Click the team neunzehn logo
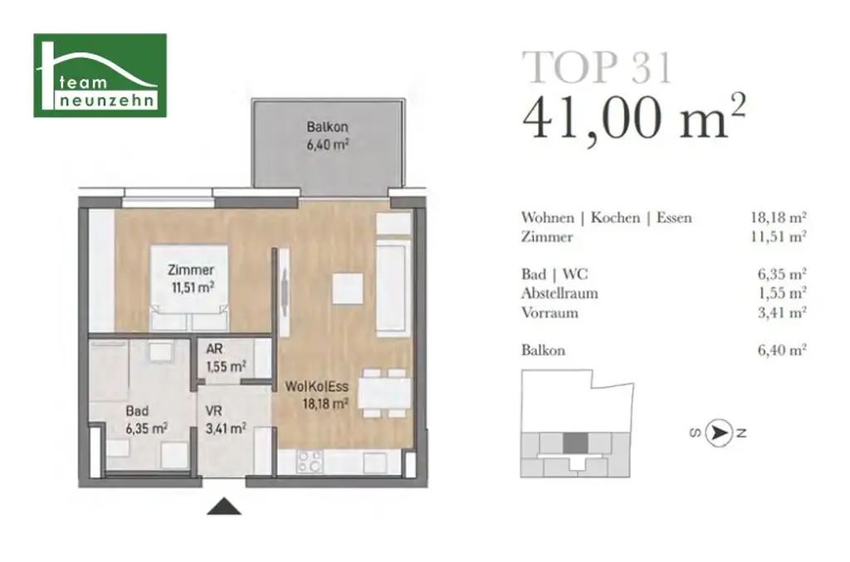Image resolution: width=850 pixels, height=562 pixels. click(x=100, y=76)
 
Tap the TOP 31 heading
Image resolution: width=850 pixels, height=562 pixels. click(x=597, y=66)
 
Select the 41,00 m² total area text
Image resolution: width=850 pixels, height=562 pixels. click(x=633, y=119)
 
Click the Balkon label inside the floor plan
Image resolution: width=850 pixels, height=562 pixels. click(x=327, y=134)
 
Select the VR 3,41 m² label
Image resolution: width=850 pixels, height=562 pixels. click(x=226, y=420)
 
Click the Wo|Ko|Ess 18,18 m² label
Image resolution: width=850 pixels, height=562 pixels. click(x=315, y=395)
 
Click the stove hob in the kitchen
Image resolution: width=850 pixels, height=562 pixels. click(x=309, y=462)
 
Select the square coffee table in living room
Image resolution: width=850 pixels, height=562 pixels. click(x=347, y=289)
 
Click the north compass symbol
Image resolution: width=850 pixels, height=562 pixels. click(x=718, y=432)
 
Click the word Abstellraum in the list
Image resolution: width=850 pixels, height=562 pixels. click(x=559, y=293)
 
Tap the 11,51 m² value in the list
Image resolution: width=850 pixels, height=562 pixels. click(x=779, y=237)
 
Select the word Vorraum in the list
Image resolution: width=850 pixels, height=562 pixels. click(x=550, y=313)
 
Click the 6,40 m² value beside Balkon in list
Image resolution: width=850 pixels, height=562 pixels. click(x=779, y=350)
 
